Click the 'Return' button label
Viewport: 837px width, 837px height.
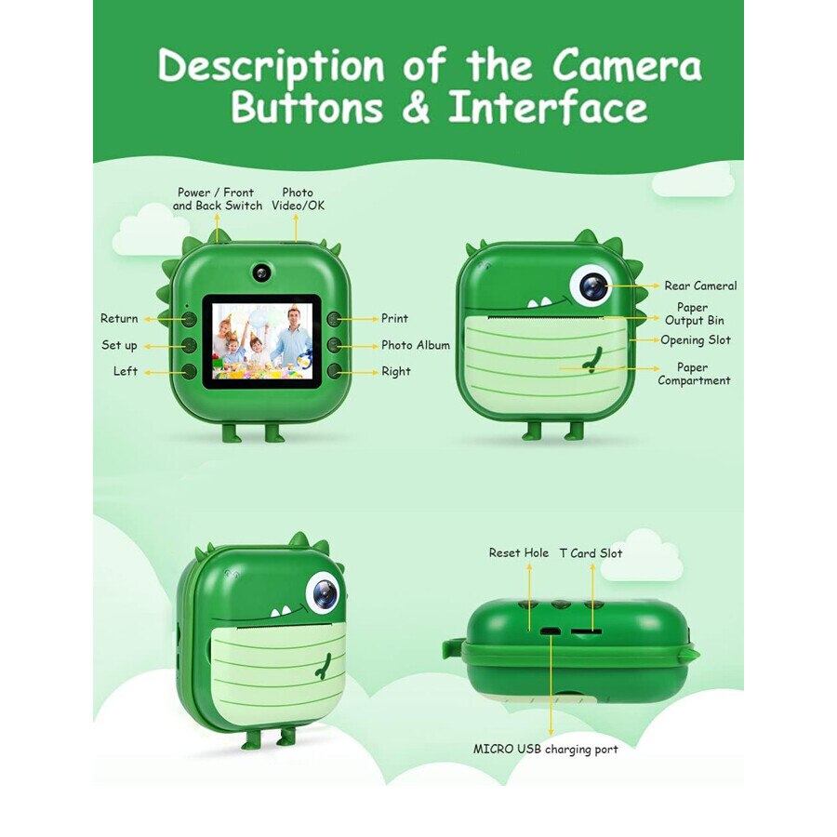click(x=119, y=319)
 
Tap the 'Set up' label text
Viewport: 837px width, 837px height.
click(x=119, y=346)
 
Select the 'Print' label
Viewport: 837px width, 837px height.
click(x=394, y=319)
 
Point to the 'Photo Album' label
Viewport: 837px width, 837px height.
click(x=415, y=345)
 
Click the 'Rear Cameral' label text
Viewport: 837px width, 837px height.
click(x=699, y=286)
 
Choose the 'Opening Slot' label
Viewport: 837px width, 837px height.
click(x=695, y=340)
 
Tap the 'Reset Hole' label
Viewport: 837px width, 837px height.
click(x=519, y=553)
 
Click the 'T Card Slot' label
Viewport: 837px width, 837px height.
click(x=591, y=553)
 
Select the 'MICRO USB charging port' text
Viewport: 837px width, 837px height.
click(x=545, y=749)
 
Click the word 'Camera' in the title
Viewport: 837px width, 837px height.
click(x=626, y=67)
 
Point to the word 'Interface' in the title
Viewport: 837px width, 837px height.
click(x=548, y=107)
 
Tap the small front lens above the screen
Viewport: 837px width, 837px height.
click(x=261, y=272)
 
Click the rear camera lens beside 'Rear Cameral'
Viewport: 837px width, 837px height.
click(x=592, y=286)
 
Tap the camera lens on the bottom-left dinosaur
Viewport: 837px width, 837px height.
click(x=323, y=592)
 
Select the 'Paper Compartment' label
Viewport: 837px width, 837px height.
click(x=693, y=374)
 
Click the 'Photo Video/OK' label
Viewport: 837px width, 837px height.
click(x=298, y=199)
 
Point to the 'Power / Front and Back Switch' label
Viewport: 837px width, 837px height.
click(x=218, y=199)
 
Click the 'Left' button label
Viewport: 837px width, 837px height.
click(x=126, y=372)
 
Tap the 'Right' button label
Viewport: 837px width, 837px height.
click(x=395, y=372)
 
